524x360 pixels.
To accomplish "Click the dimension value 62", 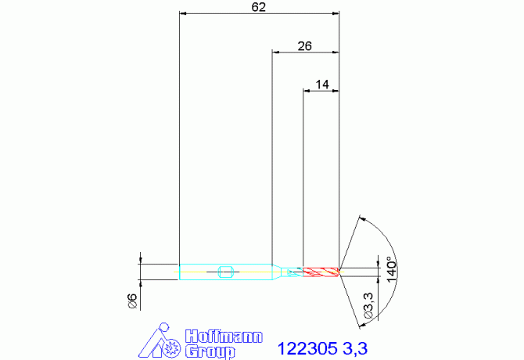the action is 258,7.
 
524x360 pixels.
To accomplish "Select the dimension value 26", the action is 304,46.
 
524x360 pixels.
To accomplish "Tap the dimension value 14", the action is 322,85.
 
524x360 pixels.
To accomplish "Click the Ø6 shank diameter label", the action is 133,301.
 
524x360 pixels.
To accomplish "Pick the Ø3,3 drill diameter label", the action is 368,305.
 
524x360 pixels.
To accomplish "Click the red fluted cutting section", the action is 321,272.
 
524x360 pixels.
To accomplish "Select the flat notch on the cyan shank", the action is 225,272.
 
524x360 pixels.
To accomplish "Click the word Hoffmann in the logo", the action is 224,337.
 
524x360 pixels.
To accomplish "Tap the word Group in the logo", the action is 210,352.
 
